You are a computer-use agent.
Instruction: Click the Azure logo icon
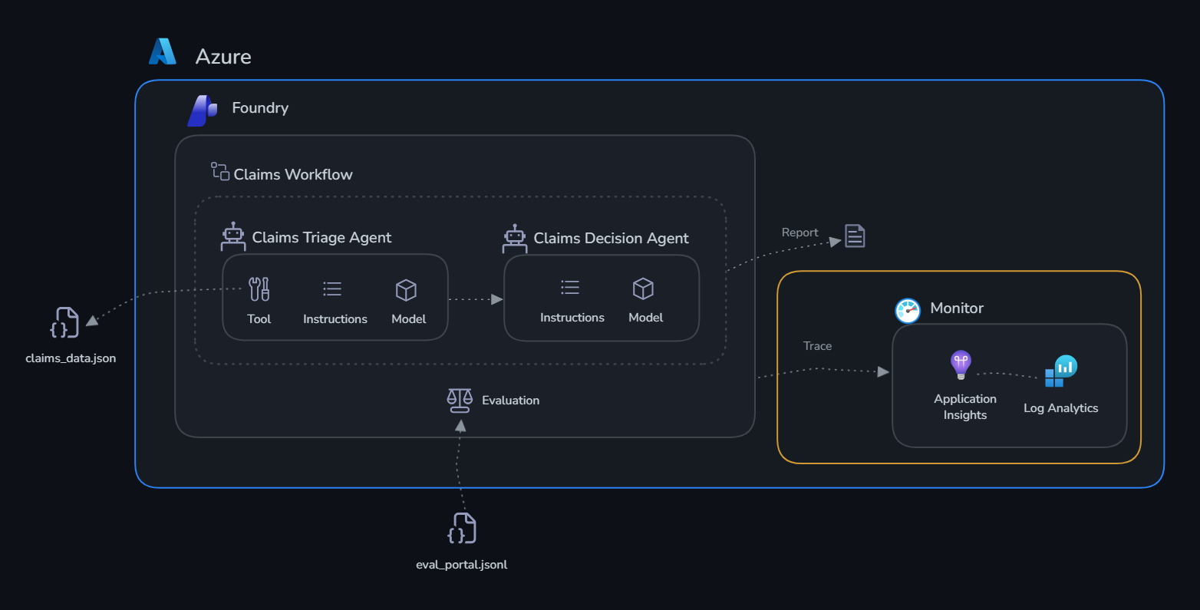click(163, 51)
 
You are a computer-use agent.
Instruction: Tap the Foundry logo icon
click(203, 110)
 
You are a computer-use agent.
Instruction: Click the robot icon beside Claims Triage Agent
click(233, 236)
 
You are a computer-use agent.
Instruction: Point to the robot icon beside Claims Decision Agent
click(515, 239)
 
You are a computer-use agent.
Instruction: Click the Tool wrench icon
click(259, 289)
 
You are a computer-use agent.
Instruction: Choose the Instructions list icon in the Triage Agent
click(332, 289)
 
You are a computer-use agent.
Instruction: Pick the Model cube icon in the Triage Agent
click(406, 290)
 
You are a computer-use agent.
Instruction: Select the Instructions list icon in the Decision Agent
click(570, 288)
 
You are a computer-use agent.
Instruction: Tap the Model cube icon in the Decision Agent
click(643, 289)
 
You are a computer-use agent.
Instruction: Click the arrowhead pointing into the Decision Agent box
click(497, 299)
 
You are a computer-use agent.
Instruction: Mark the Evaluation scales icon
click(460, 401)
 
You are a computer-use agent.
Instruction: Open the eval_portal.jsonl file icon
click(462, 528)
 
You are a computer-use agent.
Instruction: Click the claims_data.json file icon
click(64, 322)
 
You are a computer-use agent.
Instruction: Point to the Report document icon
click(855, 236)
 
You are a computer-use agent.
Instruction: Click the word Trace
click(817, 346)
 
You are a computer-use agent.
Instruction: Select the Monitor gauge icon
click(908, 311)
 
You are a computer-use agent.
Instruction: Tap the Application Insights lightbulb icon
click(961, 365)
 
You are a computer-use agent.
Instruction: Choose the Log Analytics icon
click(1060, 371)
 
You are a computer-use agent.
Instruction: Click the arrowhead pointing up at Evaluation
click(460, 426)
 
